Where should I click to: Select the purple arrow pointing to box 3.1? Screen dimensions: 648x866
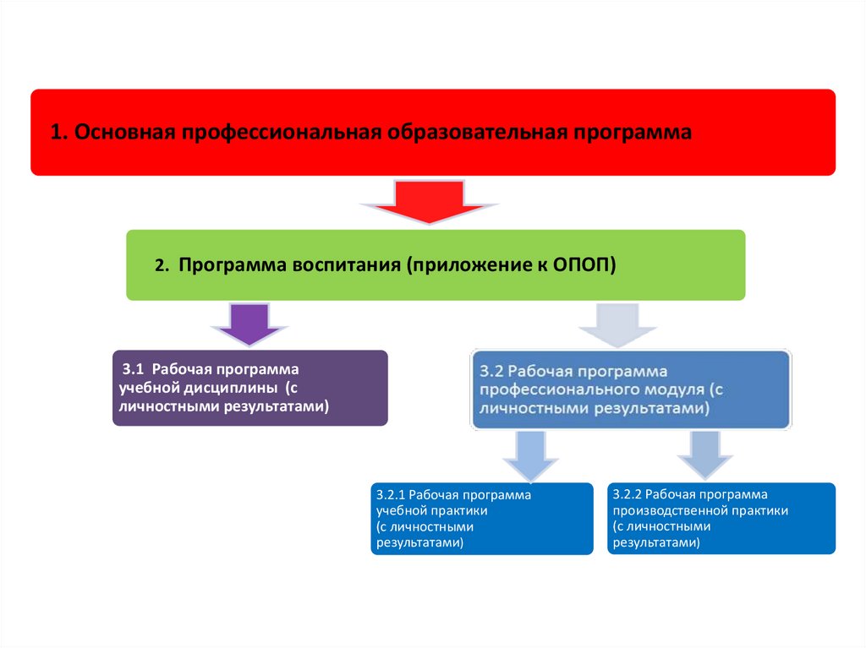pos(249,324)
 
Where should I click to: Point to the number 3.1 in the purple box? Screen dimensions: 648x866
pos(134,370)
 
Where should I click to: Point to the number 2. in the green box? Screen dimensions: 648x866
pos(162,265)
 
